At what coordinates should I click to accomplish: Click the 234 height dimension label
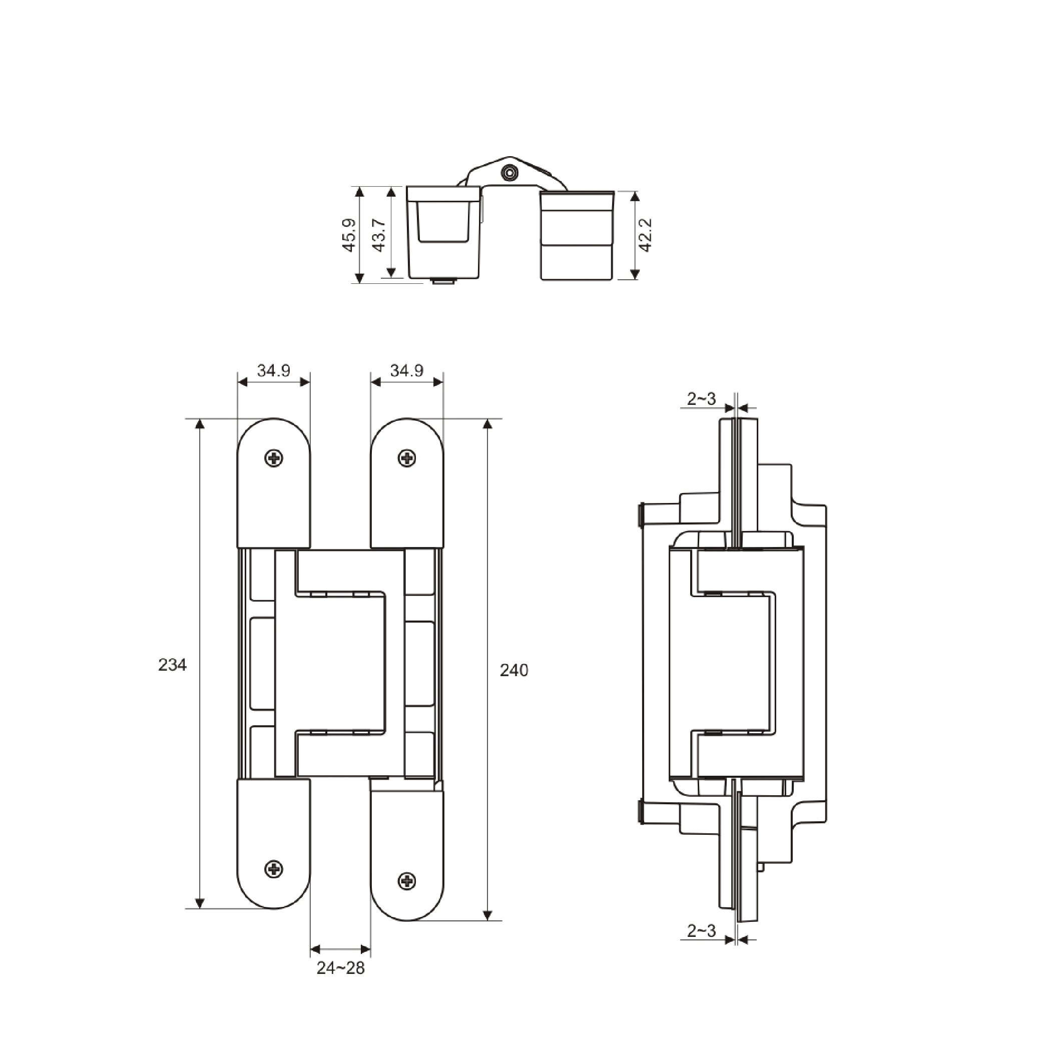(x=172, y=665)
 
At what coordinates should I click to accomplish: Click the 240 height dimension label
(x=513, y=671)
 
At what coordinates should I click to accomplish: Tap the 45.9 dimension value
(x=349, y=235)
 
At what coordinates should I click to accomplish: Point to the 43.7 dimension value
(x=379, y=235)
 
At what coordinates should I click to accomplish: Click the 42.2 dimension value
(x=645, y=235)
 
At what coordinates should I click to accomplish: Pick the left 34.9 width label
(x=273, y=370)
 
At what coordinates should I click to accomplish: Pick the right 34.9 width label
(x=406, y=370)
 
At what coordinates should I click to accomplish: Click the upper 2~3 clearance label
(x=701, y=399)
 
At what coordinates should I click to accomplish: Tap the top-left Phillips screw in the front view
(x=274, y=458)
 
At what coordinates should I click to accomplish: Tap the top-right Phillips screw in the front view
(x=406, y=458)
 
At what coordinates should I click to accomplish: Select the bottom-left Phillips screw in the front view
(x=274, y=869)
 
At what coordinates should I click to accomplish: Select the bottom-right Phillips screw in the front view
(x=406, y=881)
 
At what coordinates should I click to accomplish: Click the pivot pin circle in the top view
(x=508, y=173)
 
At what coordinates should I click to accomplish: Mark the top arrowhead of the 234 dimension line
(x=200, y=423)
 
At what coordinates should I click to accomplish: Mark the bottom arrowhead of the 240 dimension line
(x=487, y=915)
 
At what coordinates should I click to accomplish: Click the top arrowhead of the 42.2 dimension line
(x=635, y=196)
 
